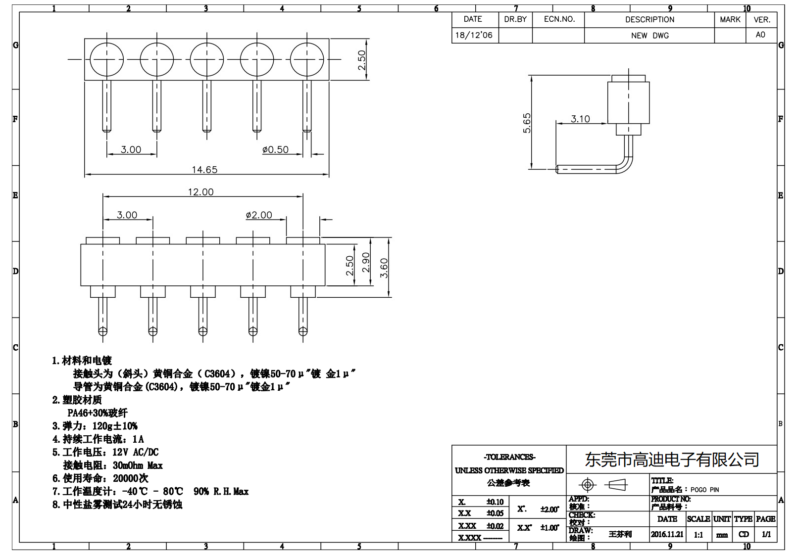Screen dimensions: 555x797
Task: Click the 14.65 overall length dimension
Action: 204,170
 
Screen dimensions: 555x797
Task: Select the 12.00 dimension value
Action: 200,192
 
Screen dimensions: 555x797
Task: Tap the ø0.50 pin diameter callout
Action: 275,149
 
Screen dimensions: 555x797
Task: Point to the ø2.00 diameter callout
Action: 259,215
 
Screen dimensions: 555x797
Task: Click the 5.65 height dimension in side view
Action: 527,123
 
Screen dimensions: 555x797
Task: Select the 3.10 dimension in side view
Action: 580,119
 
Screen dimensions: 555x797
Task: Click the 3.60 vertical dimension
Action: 384,268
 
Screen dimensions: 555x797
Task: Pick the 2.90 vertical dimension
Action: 366,262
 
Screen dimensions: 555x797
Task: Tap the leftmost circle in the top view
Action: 106,59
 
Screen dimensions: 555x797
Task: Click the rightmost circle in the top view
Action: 307,59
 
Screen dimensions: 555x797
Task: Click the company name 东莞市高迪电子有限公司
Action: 672,460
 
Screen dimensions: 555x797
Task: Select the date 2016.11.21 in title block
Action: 667,534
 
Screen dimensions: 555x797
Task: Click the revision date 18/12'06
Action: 474,35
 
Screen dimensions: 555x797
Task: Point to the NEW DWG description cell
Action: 649,36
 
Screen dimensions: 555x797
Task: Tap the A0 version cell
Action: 760,35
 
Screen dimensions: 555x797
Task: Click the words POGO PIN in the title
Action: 704,490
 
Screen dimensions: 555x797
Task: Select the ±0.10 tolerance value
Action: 495,502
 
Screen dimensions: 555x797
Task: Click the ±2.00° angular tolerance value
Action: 549,509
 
